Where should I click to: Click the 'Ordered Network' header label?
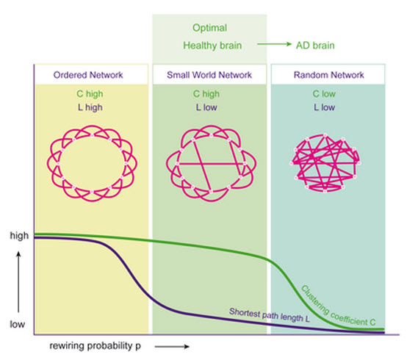point(88,75)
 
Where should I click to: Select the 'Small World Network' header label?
point(209,75)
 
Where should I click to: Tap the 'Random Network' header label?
point(328,75)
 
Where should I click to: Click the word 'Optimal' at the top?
point(210,28)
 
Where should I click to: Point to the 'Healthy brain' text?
point(212,46)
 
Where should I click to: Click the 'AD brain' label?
point(315,46)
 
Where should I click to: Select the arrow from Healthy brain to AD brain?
point(274,44)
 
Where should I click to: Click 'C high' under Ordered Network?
point(90,94)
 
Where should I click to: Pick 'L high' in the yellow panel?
point(90,107)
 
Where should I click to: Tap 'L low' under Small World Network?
point(206,107)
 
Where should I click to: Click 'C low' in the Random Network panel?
point(324,94)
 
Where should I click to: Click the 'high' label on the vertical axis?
point(19,236)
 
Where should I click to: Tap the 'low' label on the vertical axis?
point(18,325)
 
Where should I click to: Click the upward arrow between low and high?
point(18,282)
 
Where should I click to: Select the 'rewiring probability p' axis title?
point(96,346)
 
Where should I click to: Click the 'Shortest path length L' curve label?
point(270,315)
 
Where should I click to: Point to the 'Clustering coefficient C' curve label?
point(338,306)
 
